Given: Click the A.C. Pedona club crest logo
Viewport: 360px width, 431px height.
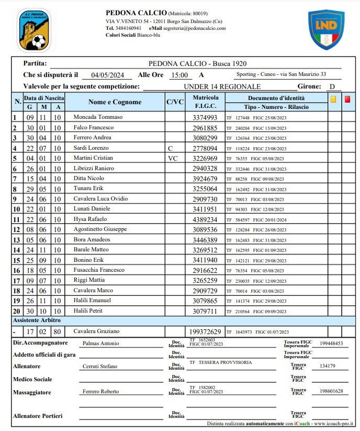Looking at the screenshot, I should click(x=35, y=30).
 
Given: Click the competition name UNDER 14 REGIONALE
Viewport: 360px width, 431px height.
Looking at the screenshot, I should click(x=222, y=86).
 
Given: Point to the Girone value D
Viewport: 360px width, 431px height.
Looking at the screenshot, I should click(x=332, y=86).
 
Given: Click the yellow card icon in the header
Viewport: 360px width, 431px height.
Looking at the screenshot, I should click(x=333, y=98).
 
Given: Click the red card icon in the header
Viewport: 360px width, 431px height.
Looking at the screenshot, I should click(x=347, y=98).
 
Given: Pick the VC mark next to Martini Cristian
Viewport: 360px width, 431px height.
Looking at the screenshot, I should click(x=173, y=158).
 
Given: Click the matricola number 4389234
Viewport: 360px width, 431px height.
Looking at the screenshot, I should click(x=205, y=219).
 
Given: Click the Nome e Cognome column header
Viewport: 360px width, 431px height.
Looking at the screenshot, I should click(x=115, y=102).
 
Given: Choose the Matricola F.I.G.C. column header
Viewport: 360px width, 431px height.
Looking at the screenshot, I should click(x=205, y=102).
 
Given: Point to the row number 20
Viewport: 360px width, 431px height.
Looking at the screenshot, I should click(x=16, y=312).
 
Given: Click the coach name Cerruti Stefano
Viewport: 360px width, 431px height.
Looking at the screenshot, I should click(x=100, y=367).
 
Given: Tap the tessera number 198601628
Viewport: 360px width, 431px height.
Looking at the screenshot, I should click(x=331, y=391).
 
